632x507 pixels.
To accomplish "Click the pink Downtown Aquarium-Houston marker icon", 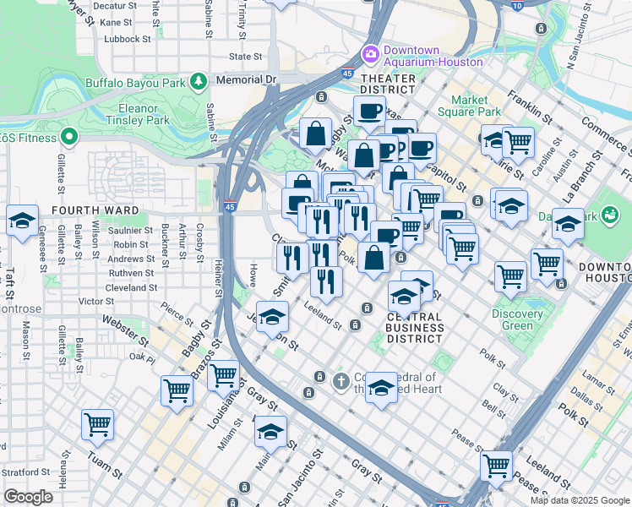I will click(x=370, y=55).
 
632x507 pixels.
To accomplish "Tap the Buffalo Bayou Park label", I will click(x=135, y=84).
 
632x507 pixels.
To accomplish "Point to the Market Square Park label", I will click(x=470, y=106).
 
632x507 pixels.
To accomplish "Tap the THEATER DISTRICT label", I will click(x=389, y=79).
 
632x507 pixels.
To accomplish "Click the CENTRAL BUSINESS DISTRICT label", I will click(x=415, y=328).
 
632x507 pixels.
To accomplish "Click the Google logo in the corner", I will click(x=28, y=496).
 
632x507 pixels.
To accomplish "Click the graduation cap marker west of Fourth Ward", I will click(x=22, y=221).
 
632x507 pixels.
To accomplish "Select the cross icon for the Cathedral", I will click(x=341, y=381).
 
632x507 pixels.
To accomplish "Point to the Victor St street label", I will click(x=95, y=301).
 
